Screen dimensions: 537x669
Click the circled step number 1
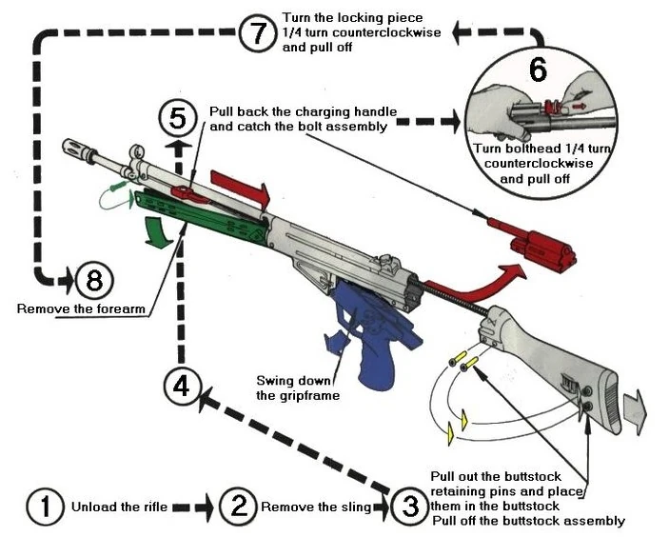pyautogui.click(x=45, y=507)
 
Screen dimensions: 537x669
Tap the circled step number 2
pyautogui.click(x=238, y=507)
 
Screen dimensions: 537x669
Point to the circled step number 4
pyautogui.click(x=181, y=387)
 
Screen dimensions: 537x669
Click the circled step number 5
pyautogui.click(x=178, y=118)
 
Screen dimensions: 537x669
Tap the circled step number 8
pyautogui.click(x=94, y=281)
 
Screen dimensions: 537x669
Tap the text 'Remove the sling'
pyautogui.click(x=315, y=507)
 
